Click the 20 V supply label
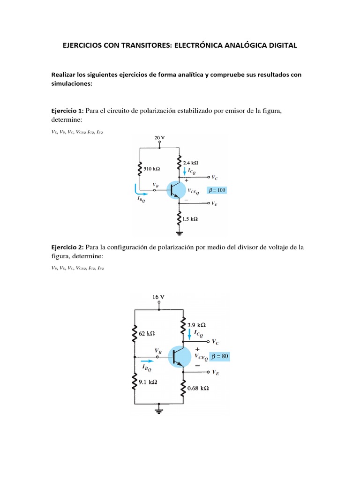point(160,138)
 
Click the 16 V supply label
point(158,297)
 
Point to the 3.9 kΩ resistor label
point(196,324)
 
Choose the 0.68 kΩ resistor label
point(198,389)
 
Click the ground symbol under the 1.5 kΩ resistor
point(179,232)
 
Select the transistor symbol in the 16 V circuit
point(181,356)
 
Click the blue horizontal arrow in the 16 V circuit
point(146,361)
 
